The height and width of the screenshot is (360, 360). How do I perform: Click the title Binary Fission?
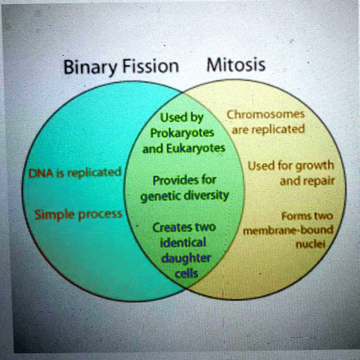click(x=121, y=67)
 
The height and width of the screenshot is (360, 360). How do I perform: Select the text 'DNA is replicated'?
click(x=75, y=173)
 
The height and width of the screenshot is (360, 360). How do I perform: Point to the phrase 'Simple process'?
click(x=78, y=214)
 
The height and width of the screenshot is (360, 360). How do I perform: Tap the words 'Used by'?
click(x=181, y=118)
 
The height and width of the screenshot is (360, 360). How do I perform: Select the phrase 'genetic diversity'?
click(x=184, y=196)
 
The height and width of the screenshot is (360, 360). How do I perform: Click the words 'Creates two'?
click(x=184, y=227)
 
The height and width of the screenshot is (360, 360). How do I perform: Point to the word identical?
click(x=184, y=242)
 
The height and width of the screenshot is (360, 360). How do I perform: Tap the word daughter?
click(x=185, y=258)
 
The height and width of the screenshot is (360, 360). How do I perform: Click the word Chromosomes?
click(x=265, y=115)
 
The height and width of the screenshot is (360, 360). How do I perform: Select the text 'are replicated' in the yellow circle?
click(x=268, y=130)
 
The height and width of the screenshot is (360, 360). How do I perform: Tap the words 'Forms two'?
click(x=307, y=216)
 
